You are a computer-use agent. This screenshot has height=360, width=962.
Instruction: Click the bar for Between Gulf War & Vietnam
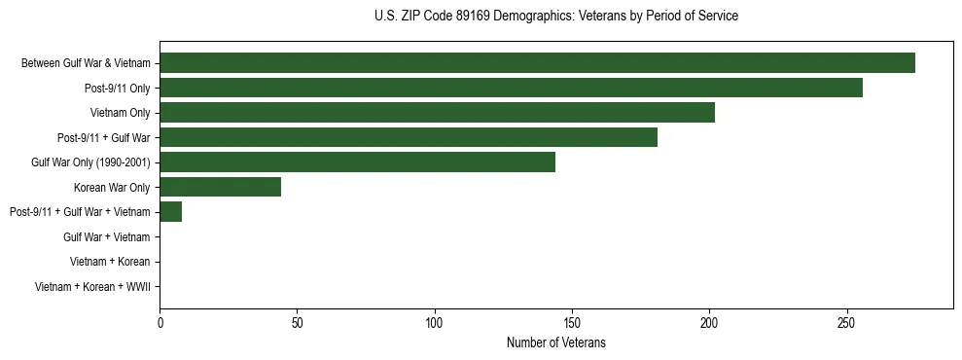pyautogui.click(x=537, y=63)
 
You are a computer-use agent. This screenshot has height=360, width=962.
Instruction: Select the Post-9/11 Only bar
pyautogui.click(x=511, y=88)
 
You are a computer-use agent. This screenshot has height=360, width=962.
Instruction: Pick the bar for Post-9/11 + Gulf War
pyautogui.click(x=409, y=137)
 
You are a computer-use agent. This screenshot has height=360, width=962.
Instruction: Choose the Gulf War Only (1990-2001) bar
pyautogui.click(x=357, y=162)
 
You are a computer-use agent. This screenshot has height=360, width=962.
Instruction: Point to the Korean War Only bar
pyautogui.click(x=220, y=187)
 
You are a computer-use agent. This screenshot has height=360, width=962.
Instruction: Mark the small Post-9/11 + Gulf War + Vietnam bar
pyautogui.click(x=170, y=212)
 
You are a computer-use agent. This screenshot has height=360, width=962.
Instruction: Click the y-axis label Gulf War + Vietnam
pyautogui.click(x=106, y=236)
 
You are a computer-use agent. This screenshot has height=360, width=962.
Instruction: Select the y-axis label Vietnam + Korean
pyautogui.click(x=110, y=262)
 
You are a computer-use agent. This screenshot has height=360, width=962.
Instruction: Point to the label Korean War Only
pyautogui.click(x=112, y=187)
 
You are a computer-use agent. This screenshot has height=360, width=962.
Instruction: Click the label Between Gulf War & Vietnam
pyautogui.click(x=86, y=63)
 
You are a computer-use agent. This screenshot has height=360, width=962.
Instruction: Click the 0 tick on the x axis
pyautogui.click(x=160, y=322)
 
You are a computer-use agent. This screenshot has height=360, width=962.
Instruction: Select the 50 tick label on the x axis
pyautogui.click(x=297, y=322)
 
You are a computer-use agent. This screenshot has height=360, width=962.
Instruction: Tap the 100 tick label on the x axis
pyautogui.click(x=435, y=322)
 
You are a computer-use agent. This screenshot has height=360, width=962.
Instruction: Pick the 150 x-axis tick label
pyautogui.click(x=572, y=322)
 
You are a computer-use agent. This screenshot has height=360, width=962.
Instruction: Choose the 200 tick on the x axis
pyautogui.click(x=709, y=322)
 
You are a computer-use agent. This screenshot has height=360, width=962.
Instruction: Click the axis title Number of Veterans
pyautogui.click(x=555, y=342)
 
